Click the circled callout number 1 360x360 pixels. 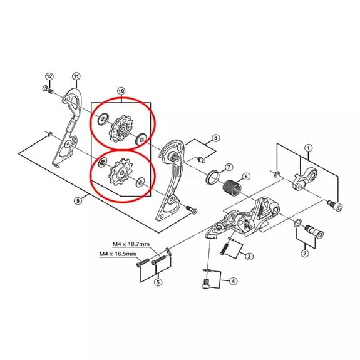point(308,148)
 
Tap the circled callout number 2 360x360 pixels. point(305,254)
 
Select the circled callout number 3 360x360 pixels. point(249,256)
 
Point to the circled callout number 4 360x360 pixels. point(234,281)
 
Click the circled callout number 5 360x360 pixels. point(158,282)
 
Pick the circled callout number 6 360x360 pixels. point(246,177)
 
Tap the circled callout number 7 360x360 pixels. point(229,167)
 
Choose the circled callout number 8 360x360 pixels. point(215,138)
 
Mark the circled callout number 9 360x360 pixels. point(78,201)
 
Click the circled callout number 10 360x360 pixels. point(121,91)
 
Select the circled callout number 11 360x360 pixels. point(76,76)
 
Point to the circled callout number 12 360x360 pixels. point(49,76)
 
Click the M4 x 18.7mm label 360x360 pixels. point(131,244)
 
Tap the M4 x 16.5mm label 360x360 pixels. point(118,254)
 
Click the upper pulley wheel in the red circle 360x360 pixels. point(122,129)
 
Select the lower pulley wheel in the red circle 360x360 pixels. point(120,172)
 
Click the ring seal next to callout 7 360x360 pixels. point(213,177)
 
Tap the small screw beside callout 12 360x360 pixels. point(48,90)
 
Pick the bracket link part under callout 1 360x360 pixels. point(305,179)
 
